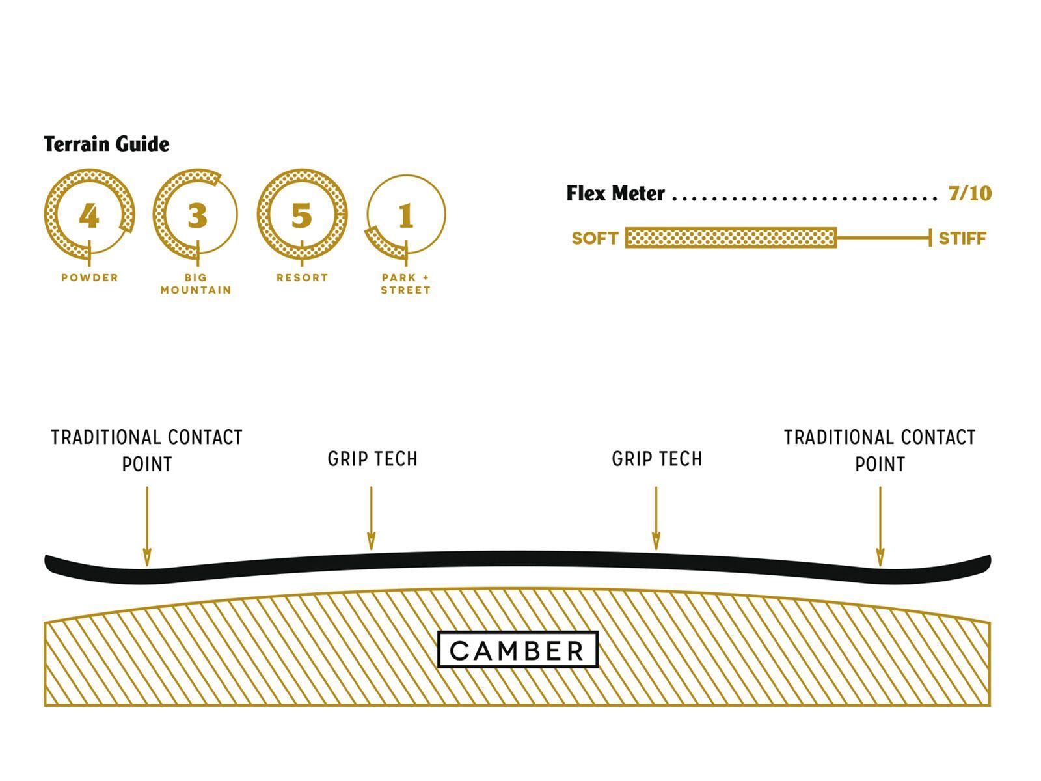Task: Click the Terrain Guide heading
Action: (x=107, y=144)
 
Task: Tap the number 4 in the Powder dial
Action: (x=89, y=215)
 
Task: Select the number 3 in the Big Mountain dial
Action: (x=197, y=215)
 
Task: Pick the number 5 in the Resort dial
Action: (x=301, y=215)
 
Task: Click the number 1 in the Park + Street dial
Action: (x=406, y=215)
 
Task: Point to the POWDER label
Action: (x=90, y=277)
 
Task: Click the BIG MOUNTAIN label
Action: (x=196, y=284)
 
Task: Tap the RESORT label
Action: (x=302, y=277)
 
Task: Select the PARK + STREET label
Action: (x=406, y=284)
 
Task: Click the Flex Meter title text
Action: (x=615, y=193)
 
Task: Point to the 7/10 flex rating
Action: (x=969, y=193)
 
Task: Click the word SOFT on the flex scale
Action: (x=595, y=238)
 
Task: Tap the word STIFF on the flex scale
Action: (x=962, y=238)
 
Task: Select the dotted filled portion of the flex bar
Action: (x=731, y=238)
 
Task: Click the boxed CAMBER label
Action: (x=517, y=650)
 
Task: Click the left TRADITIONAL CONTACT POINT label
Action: (x=147, y=450)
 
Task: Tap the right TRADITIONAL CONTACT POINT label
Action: (x=880, y=450)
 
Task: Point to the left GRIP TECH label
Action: (x=372, y=459)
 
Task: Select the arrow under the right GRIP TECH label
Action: (x=656, y=518)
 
